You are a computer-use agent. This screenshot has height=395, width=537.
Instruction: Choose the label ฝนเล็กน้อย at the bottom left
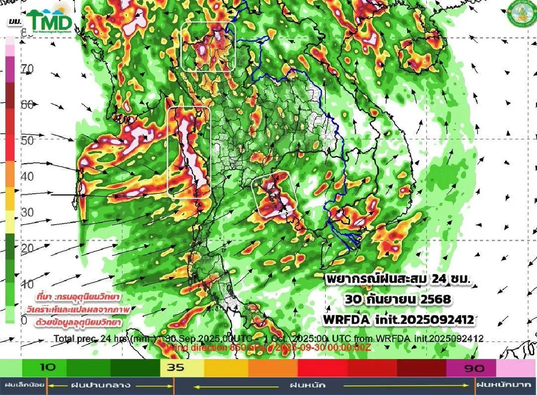[x=22, y=385]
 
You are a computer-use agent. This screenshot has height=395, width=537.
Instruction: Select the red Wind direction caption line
[x=268, y=347]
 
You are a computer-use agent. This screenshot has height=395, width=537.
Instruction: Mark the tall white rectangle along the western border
[x=189, y=152]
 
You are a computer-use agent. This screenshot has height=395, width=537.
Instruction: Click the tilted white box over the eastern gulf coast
[x=274, y=194]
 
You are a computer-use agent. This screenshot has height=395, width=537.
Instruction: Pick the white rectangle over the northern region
[x=208, y=46]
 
